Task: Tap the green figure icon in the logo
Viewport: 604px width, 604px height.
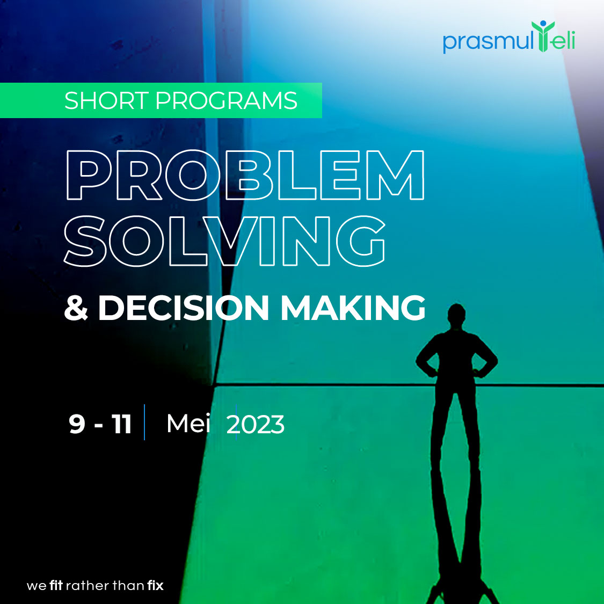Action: (x=543, y=37)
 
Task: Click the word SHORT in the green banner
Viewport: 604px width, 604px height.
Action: (x=106, y=101)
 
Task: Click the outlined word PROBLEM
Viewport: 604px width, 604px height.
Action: (x=244, y=176)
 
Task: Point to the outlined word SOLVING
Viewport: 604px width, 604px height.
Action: (x=224, y=241)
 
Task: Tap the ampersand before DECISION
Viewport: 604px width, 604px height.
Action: (x=76, y=308)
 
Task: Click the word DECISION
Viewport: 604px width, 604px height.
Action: (x=183, y=308)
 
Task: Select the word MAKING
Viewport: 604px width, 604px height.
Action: (x=353, y=308)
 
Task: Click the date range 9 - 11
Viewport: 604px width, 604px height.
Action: (x=100, y=424)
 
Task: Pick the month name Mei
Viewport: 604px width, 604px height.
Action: (x=188, y=424)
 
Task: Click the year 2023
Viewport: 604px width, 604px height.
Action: (x=256, y=425)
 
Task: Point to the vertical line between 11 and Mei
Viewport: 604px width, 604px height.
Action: (x=144, y=423)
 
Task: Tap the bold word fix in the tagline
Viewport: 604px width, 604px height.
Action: (x=155, y=585)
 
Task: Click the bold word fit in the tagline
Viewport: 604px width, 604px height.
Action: (x=56, y=585)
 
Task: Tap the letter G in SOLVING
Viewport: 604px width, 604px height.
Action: (x=361, y=241)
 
